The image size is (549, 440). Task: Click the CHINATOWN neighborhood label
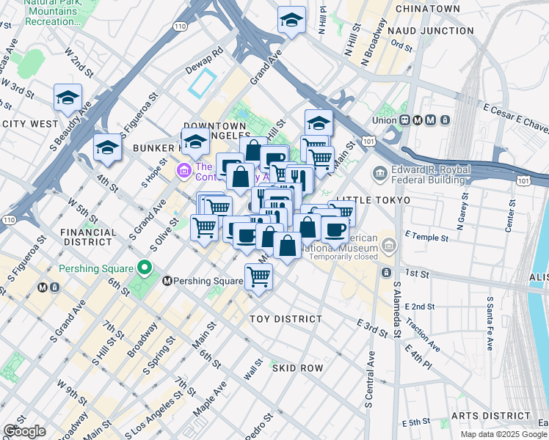pos(427,9)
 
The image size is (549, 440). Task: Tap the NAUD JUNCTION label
pos(430,31)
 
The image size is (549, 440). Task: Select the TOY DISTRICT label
pos(286,319)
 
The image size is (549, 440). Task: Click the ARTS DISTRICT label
pos(491,416)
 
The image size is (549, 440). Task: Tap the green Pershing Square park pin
pos(145,267)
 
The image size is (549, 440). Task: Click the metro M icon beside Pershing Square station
pos(167,281)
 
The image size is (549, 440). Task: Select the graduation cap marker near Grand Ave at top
pos(291,20)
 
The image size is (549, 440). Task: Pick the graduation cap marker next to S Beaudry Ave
pos(68,98)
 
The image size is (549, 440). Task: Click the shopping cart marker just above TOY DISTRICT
pos(258,277)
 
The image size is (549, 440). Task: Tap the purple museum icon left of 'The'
pos(183,172)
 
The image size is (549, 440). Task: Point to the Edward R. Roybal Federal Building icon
pos(379,173)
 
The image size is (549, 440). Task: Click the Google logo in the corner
pos(24,431)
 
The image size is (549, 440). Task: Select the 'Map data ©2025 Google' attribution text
pos(503,434)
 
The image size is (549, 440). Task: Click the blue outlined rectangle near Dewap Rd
pos(203,83)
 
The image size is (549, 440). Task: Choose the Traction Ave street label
pos(421,321)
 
